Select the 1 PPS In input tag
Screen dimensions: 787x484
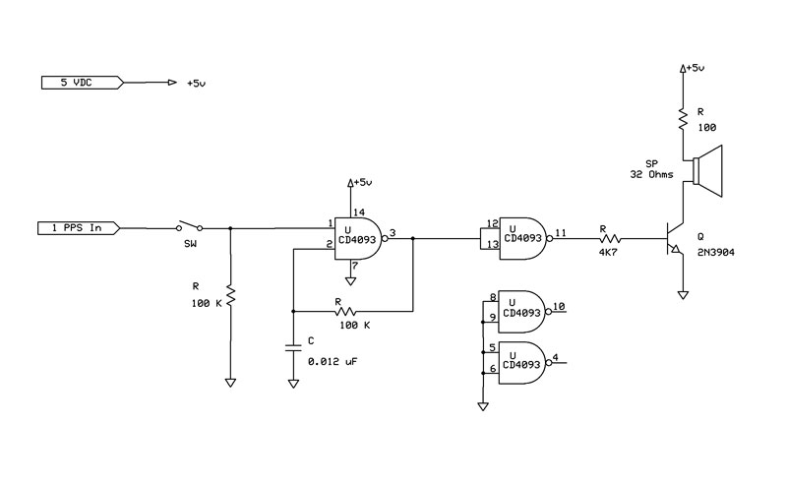[79, 228]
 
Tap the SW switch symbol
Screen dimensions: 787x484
[189, 226]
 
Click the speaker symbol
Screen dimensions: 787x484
[707, 171]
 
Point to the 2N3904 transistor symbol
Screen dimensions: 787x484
[674, 238]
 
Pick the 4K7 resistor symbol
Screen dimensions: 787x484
[610, 238]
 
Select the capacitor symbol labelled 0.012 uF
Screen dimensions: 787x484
[293, 348]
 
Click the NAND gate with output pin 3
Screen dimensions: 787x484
[361, 238]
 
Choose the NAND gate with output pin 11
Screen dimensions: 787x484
[525, 238]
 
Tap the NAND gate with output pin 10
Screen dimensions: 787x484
[524, 311]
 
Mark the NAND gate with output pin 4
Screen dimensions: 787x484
[524, 363]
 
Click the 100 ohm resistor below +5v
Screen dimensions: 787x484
[683, 119]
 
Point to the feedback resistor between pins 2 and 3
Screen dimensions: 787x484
[345, 311]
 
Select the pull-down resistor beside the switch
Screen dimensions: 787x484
[230, 296]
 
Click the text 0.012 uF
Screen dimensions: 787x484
[333, 361]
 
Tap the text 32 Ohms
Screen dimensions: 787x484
[651, 175]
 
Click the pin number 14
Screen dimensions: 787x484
[359, 212]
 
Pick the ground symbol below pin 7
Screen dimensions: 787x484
[351, 281]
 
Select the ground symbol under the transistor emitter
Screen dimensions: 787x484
[683, 295]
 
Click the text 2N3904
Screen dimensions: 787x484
[716, 253]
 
